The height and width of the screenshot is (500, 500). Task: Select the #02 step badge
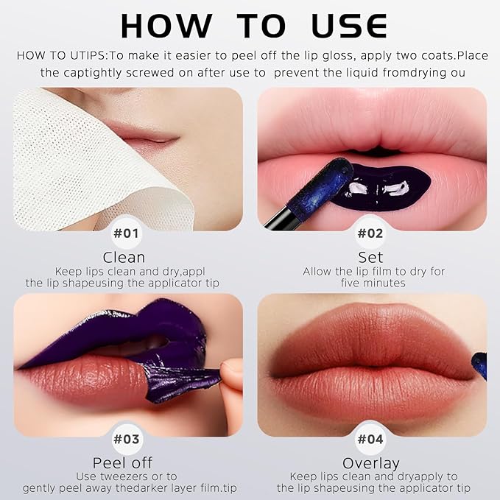(371, 234)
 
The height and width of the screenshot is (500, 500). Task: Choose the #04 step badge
(371, 440)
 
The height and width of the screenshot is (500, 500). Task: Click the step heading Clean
(124, 258)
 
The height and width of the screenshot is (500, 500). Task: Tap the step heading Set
(371, 258)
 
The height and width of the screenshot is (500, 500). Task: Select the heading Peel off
(124, 463)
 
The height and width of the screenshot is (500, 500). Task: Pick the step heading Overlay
(371, 463)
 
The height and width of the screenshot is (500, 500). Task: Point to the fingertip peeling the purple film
(231, 376)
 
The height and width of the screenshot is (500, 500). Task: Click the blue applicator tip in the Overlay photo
(479, 365)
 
